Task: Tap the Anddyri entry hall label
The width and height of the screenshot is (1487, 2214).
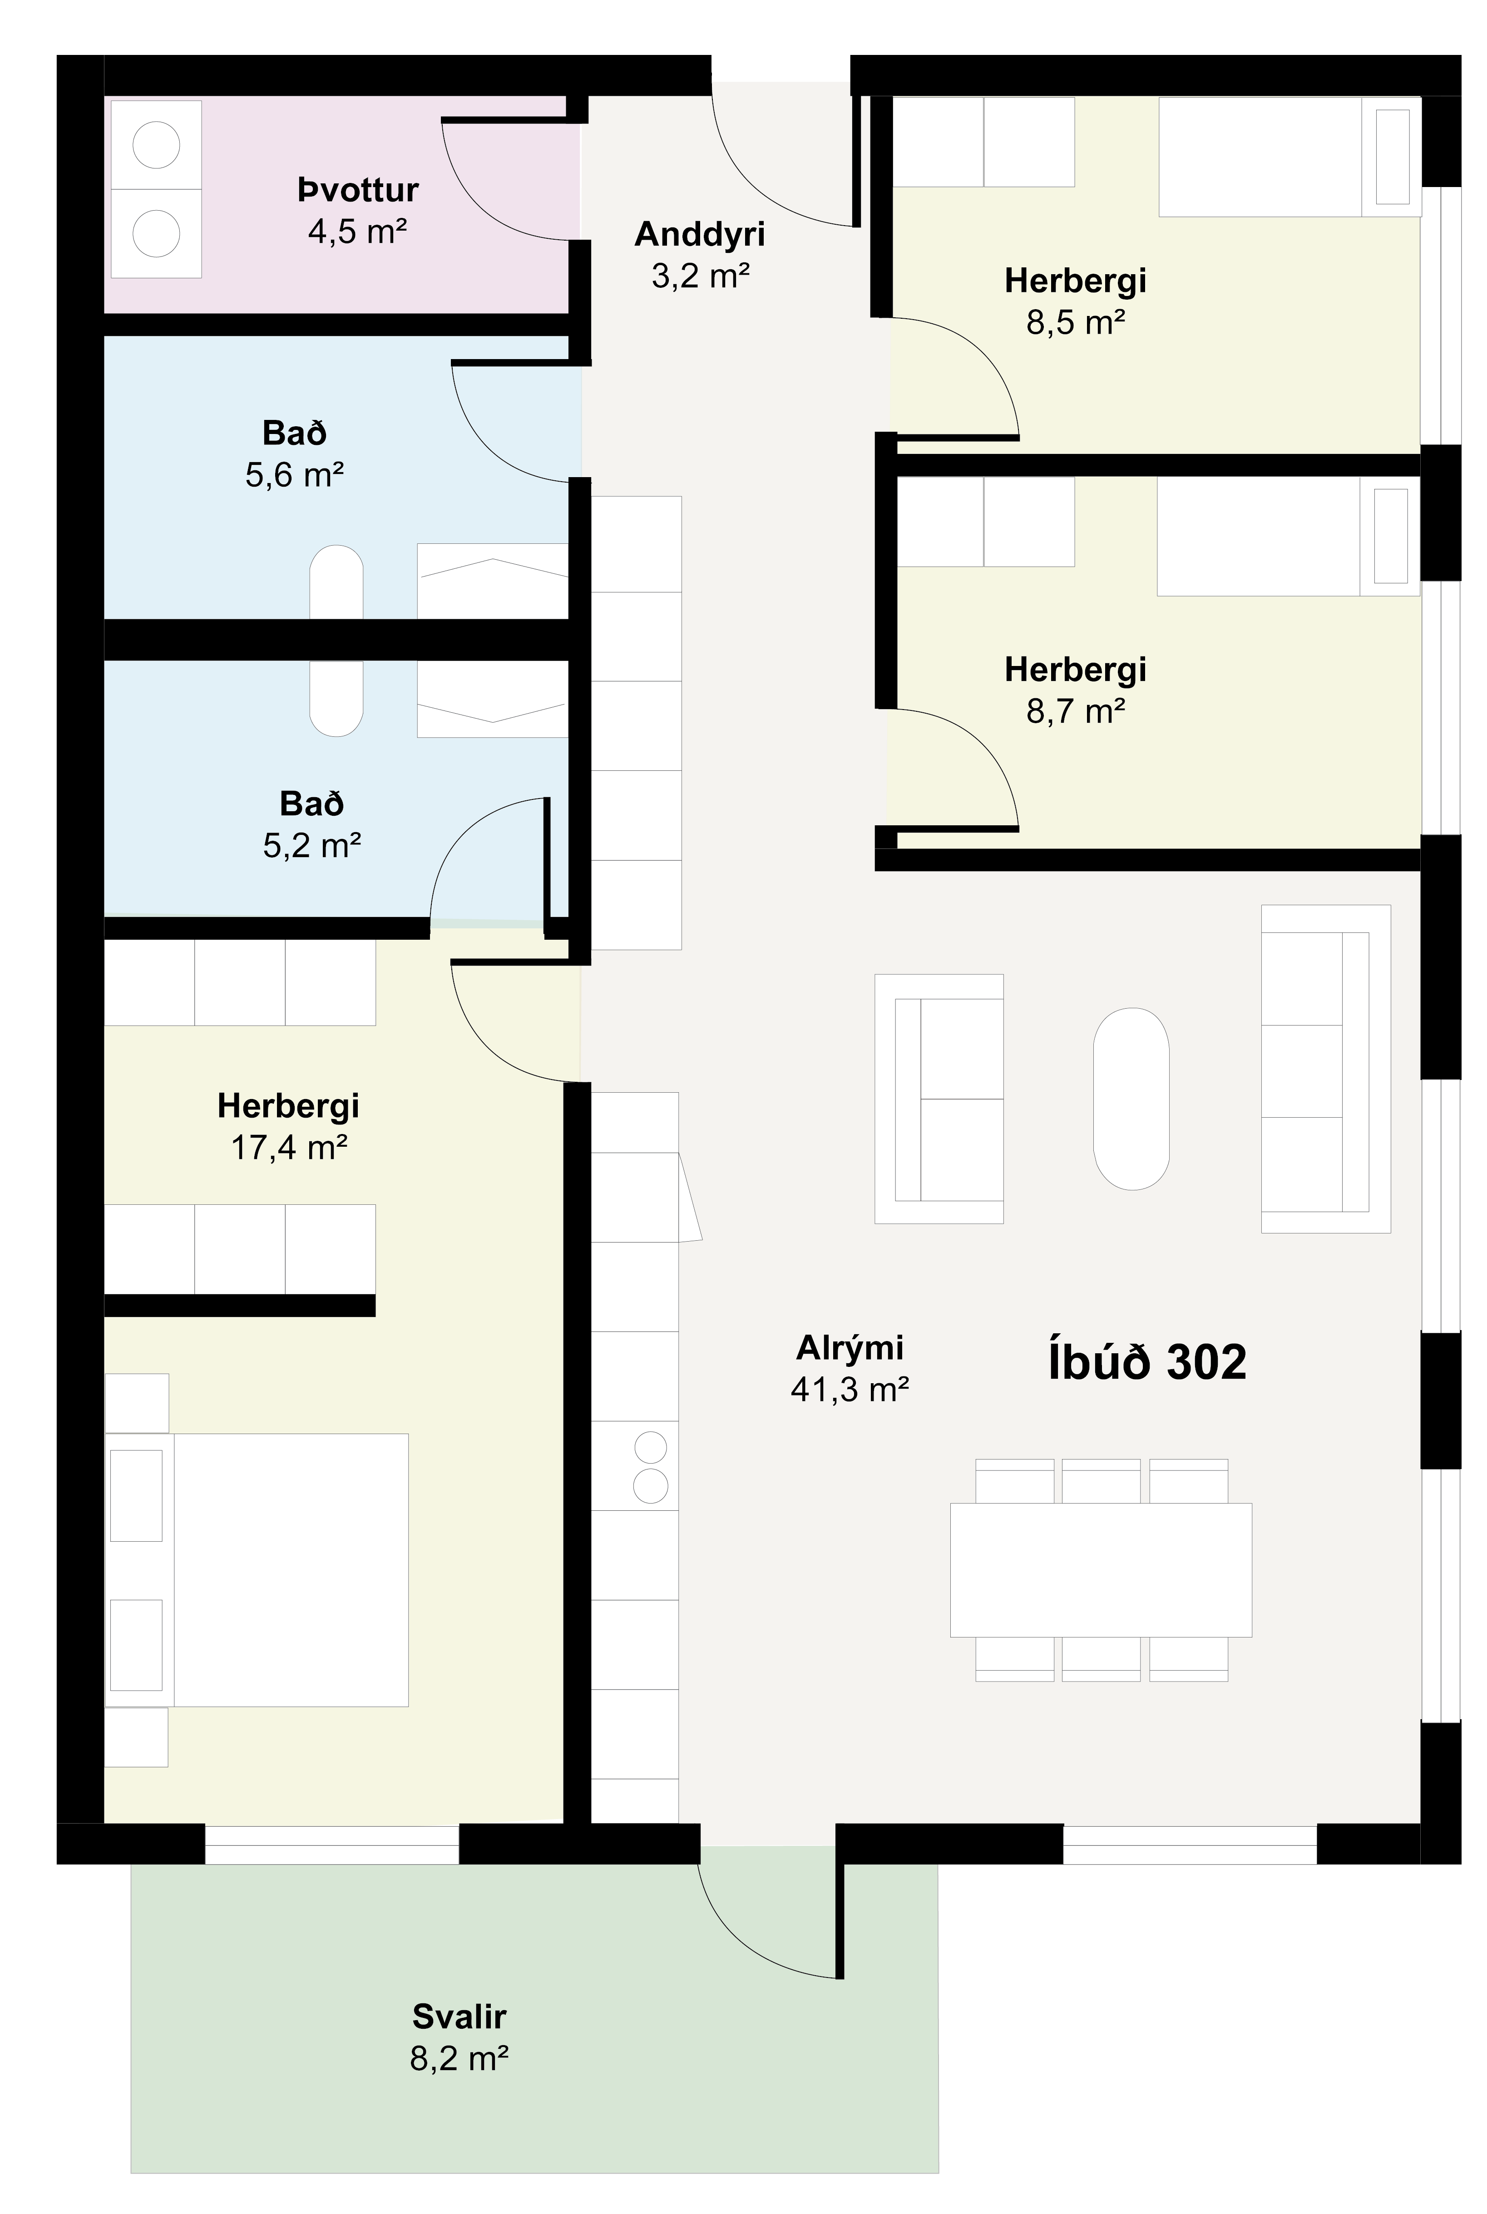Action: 700,234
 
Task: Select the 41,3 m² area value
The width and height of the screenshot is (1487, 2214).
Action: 850,1390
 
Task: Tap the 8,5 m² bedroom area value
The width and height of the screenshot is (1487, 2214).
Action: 1076,323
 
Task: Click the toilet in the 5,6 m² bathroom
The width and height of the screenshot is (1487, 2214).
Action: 336,582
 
